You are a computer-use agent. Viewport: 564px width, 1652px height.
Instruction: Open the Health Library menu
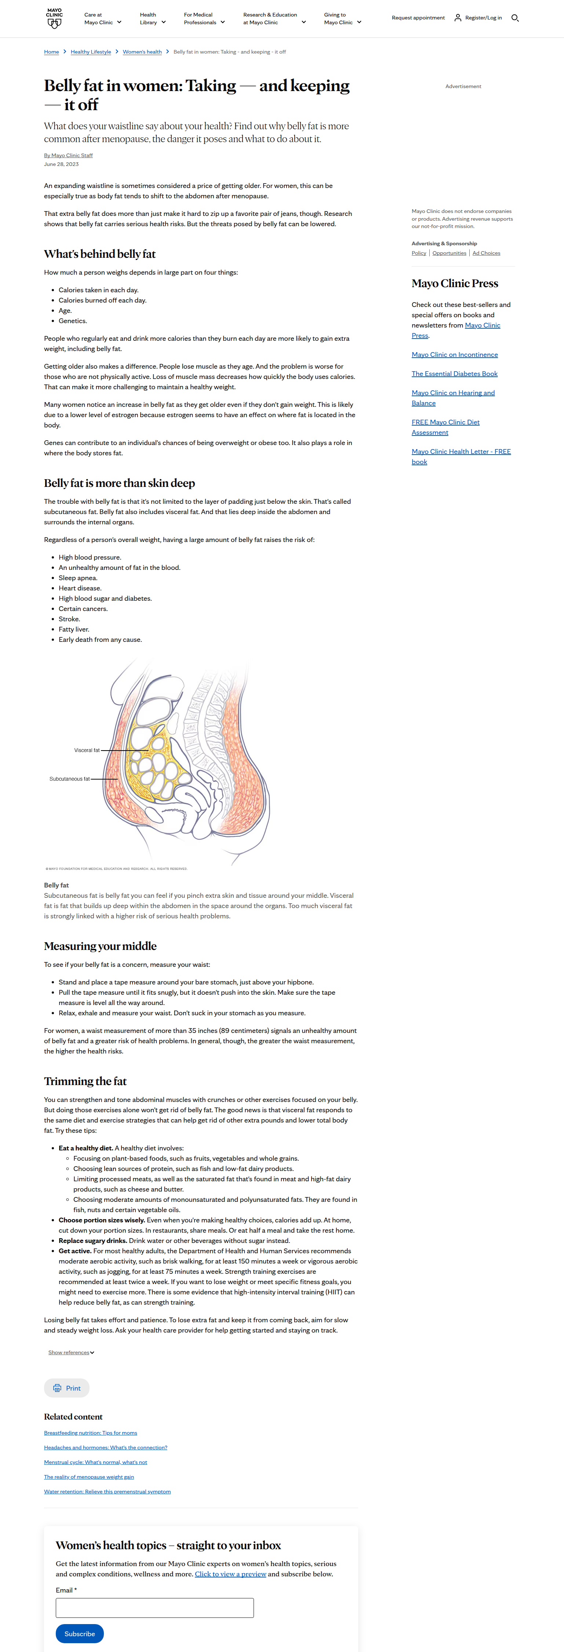[x=153, y=19]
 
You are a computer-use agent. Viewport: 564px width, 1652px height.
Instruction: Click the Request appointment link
[x=418, y=18]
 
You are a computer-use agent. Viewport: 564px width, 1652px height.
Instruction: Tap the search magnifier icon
[x=515, y=18]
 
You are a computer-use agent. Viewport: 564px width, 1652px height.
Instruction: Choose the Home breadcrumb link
[x=51, y=52]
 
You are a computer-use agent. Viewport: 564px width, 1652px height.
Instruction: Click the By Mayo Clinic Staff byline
[x=68, y=155]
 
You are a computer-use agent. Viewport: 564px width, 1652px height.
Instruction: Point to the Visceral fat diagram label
[x=87, y=750]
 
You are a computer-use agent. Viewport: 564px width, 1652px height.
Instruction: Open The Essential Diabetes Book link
[x=454, y=374]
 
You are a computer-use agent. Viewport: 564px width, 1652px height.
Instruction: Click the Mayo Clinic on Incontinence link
[x=454, y=355]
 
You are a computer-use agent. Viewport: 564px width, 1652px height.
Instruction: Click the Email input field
[x=154, y=1608]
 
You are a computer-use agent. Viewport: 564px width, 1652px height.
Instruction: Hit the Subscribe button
[x=80, y=1633]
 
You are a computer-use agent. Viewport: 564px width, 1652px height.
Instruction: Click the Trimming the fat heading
[x=85, y=1081]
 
